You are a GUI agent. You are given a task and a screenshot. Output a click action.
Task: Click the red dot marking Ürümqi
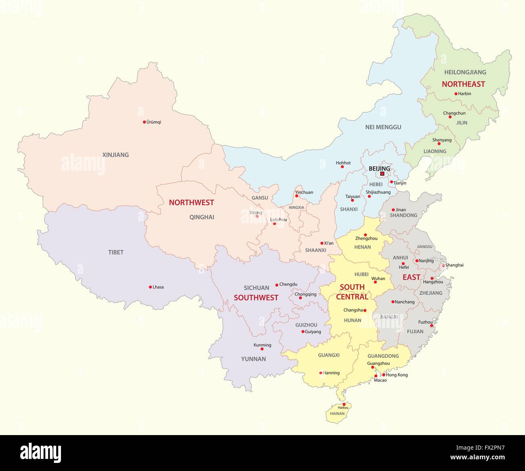144,122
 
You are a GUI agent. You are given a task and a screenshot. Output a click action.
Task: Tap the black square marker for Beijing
382,174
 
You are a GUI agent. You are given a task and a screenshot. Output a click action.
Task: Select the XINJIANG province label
115,155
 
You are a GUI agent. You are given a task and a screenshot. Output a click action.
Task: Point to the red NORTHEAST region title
463,84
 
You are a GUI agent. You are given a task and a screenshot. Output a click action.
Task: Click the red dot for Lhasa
150,287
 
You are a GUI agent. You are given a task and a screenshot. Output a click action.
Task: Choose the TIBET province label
116,252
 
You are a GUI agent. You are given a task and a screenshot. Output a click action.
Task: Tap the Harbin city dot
456,94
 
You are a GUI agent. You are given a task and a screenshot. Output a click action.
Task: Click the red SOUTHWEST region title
256,297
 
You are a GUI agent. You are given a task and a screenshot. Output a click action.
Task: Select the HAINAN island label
337,414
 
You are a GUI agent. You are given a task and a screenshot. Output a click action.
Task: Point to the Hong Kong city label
397,375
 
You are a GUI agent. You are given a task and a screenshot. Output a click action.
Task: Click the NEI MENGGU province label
383,127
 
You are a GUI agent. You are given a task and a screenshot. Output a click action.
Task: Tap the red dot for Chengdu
277,285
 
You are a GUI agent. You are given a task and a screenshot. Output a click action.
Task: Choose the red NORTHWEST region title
191,203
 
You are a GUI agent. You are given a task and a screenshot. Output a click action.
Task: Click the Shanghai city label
454,265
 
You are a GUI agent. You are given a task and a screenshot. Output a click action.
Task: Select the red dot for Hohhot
342,167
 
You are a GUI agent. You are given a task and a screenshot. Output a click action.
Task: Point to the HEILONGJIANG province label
465,72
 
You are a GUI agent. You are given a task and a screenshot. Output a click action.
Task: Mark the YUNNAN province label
253,359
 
